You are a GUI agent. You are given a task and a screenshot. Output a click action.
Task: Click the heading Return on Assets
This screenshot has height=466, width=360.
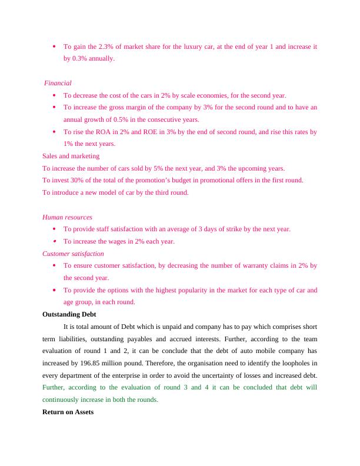[x=68, y=412]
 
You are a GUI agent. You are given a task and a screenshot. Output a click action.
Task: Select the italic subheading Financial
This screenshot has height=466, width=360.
[x=58, y=83]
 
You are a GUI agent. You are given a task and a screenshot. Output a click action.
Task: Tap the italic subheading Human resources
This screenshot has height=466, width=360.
[x=67, y=217]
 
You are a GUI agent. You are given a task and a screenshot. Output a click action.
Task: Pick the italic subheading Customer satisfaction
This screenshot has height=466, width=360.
[x=73, y=254]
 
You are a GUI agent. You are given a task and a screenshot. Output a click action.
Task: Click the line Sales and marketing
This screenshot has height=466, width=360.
[x=71, y=156]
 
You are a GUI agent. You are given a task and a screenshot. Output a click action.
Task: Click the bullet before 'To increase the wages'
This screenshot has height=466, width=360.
[x=54, y=241]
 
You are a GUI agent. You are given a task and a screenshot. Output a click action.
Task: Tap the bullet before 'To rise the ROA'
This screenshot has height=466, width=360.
[x=54, y=132]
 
